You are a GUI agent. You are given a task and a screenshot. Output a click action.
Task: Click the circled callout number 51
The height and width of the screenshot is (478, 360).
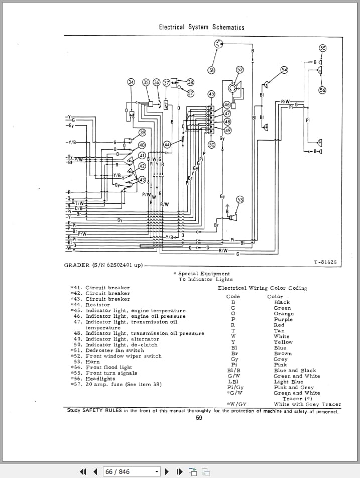211,70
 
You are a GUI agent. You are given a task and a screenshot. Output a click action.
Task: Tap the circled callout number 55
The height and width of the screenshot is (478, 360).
323,48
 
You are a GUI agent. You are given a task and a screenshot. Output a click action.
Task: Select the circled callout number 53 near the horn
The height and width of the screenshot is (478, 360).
240,200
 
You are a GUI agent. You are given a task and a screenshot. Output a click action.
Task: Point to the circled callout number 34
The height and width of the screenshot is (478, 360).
131,82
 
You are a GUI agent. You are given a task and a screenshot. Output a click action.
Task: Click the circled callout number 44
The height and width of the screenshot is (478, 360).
167,145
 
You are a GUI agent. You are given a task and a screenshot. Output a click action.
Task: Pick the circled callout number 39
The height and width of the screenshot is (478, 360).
142,133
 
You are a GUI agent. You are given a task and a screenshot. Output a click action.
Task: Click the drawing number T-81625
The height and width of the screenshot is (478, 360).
325,263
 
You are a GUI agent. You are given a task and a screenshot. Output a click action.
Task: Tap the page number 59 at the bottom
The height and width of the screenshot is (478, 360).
199,418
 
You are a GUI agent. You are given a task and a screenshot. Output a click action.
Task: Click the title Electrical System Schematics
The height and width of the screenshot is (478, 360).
201,27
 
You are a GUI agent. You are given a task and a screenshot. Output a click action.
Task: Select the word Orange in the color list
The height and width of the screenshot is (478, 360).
284,314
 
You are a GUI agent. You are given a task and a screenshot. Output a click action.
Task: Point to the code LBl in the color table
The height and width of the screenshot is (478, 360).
233,382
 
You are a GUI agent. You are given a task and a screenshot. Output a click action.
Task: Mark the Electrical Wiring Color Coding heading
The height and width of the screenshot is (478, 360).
262,288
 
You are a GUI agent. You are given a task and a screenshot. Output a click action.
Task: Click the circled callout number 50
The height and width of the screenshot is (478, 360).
211,145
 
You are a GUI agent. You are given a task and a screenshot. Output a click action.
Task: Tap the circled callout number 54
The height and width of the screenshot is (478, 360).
284,70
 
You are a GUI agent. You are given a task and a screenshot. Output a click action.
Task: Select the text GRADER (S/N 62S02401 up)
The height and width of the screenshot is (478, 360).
103,265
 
